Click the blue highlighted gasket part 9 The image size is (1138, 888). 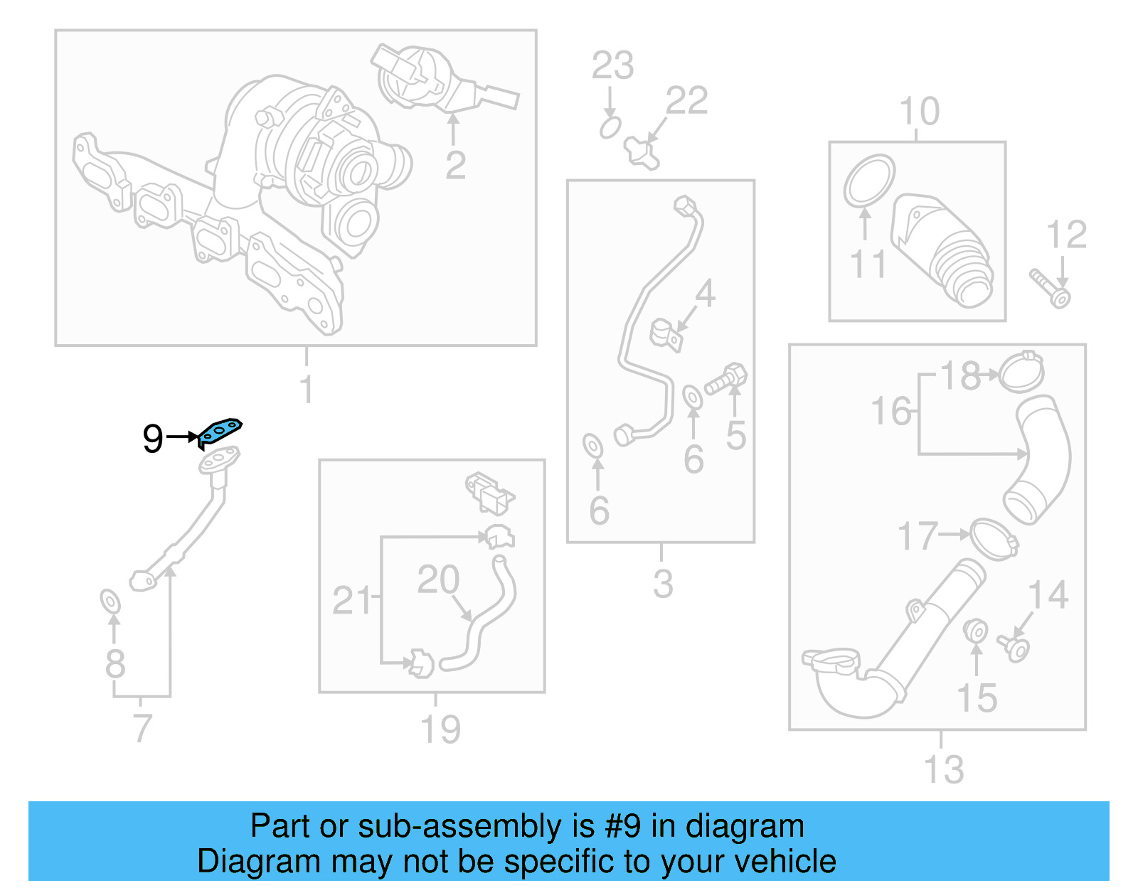pyautogui.click(x=220, y=430)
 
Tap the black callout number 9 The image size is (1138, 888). pyautogui.click(x=153, y=439)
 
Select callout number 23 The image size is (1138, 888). pyautogui.click(x=612, y=65)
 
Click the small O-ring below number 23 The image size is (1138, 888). pyautogui.click(x=610, y=128)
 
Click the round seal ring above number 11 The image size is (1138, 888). pyautogui.click(x=869, y=181)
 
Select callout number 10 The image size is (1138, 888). pyautogui.click(x=919, y=112)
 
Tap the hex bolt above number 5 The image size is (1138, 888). pyautogui.click(x=727, y=380)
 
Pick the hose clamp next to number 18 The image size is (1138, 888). pyautogui.click(x=1022, y=372)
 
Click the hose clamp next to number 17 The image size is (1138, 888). pyautogui.click(x=993, y=539)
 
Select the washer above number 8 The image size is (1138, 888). pyautogui.click(x=110, y=601)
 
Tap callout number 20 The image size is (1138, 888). pyautogui.click(x=438, y=579)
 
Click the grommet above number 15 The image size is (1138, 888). pyautogui.click(x=975, y=631)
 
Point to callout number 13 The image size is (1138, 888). pyautogui.click(x=943, y=769)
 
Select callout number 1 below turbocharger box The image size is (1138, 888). pyautogui.click(x=307, y=389)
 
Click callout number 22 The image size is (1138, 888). pyautogui.click(x=687, y=100)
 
